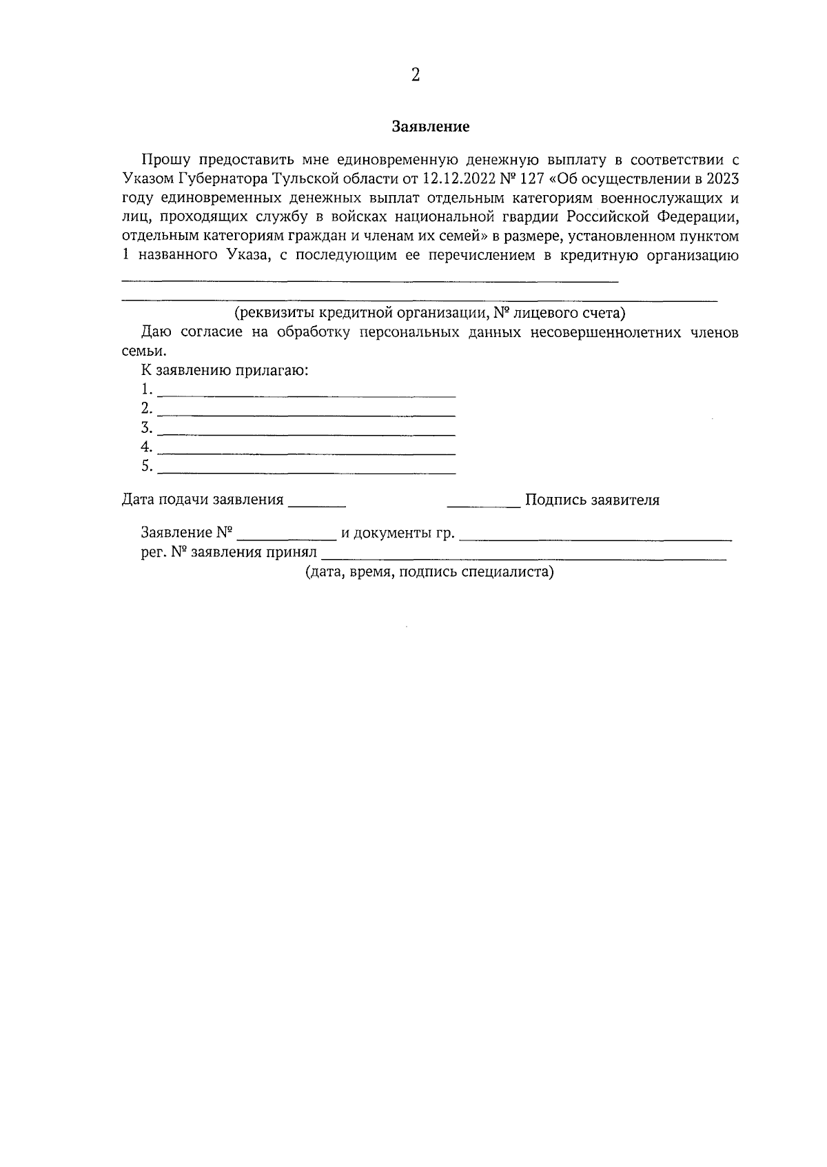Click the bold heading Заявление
pos(431,127)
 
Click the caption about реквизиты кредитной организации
pos(429,314)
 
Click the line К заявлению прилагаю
pos(225,371)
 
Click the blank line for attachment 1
pos(307,396)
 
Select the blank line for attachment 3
pos(307,434)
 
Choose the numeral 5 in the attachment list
pos(145,466)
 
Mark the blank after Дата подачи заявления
pos(316,505)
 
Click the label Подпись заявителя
pos(592,500)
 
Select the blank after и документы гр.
pos(595,538)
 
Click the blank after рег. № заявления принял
pos(524,557)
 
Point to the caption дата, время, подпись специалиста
pos(430,572)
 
